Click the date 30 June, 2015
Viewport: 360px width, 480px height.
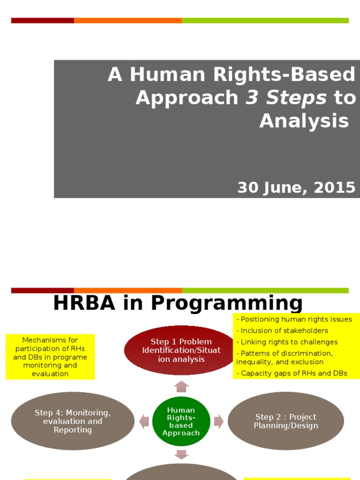(x=296, y=187)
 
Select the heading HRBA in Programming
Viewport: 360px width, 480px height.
(x=178, y=303)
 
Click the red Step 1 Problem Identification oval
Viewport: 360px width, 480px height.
(x=181, y=350)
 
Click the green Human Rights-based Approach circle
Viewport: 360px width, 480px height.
(x=181, y=421)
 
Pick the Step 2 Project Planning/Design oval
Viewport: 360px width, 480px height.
(x=285, y=421)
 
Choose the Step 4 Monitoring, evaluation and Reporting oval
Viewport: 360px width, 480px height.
(x=72, y=421)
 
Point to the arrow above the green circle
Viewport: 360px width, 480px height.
(x=181, y=387)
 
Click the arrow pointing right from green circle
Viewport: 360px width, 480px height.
(x=218, y=421)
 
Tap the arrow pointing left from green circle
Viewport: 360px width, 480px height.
(x=144, y=421)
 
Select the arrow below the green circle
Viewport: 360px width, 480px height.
(x=181, y=454)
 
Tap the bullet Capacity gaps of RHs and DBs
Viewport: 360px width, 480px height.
(x=292, y=374)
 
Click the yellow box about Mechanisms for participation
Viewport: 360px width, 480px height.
(x=50, y=357)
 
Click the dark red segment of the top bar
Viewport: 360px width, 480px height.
(x=42, y=20)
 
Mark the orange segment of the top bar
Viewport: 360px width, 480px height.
(x=127, y=20)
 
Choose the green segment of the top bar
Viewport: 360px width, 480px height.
(x=265, y=20)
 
